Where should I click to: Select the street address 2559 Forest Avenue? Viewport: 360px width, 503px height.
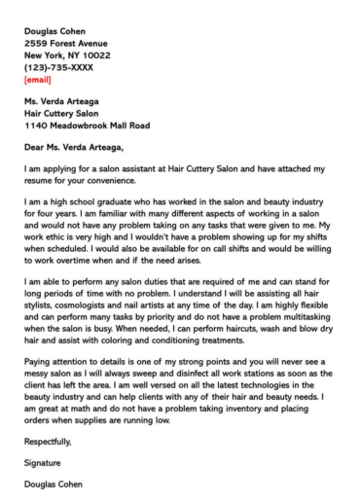[66, 43]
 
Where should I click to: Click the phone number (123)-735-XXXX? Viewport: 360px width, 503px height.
[60, 68]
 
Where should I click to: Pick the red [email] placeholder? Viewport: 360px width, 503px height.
[40, 81]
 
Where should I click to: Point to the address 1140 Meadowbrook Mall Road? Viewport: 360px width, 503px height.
[87, 125]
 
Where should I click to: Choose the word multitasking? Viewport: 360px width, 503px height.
[289, 315]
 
